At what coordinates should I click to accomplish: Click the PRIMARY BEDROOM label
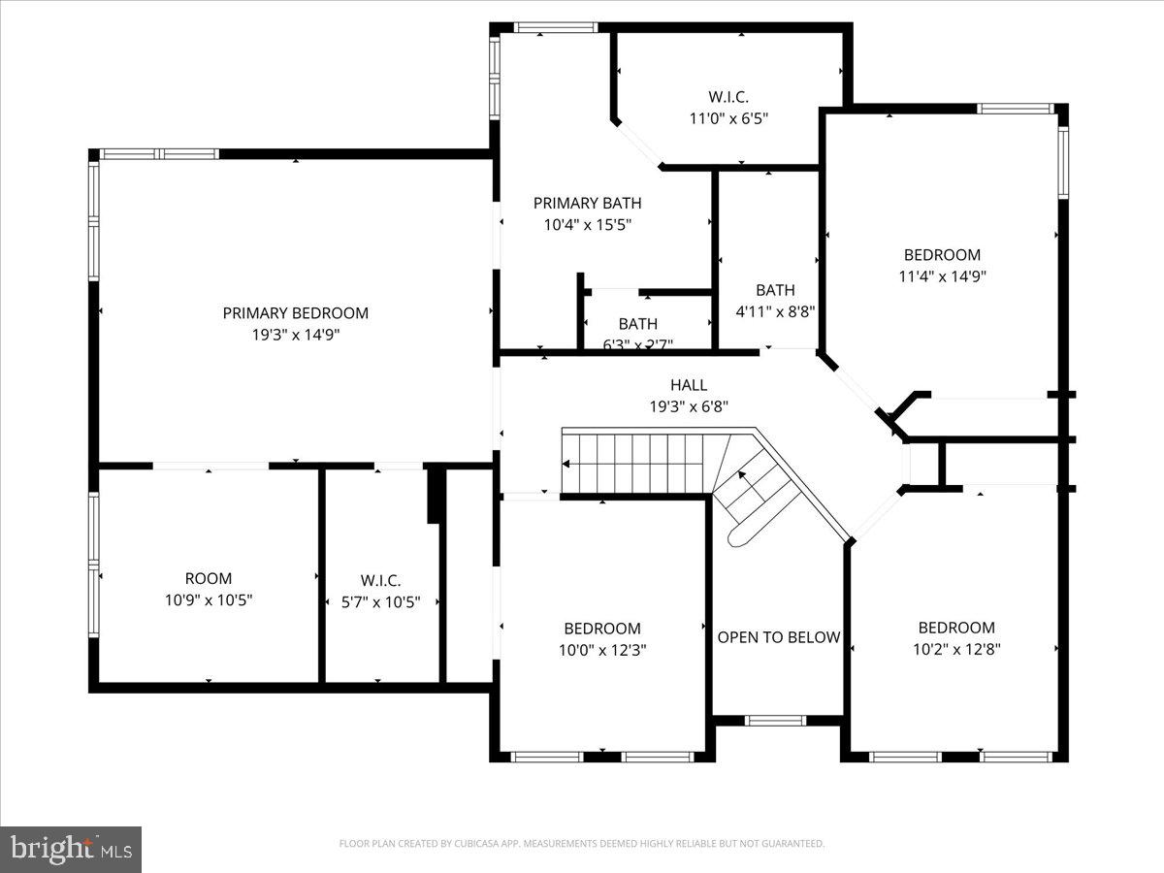pos(295,313)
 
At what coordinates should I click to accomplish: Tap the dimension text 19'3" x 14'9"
pos(295,335)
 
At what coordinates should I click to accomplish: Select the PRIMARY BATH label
pos(587,203)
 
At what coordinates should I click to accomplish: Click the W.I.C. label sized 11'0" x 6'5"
pos(727,97)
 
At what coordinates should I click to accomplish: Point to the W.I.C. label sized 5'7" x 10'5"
pos(380,580)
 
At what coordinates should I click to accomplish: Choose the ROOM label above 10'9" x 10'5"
pos(209,579)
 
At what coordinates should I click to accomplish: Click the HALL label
pos(689,385)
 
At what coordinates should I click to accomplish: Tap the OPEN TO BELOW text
pos(778,637)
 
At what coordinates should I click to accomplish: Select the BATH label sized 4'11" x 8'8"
pos(775,290)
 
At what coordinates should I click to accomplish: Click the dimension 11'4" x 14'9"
pos(942,276)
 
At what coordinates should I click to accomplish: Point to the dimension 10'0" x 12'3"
pos(602,650)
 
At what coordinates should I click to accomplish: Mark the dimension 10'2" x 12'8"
pos(956,649)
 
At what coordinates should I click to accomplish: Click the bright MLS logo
pos(71,850)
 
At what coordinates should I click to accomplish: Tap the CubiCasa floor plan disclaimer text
pos(582,844)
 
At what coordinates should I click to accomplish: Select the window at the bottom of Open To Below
pos(776,721)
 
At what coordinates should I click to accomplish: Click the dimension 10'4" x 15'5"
pos(587,224)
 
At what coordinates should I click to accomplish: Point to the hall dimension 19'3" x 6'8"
pos(689,406)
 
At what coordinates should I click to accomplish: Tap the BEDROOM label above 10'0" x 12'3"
pos(602,629)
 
